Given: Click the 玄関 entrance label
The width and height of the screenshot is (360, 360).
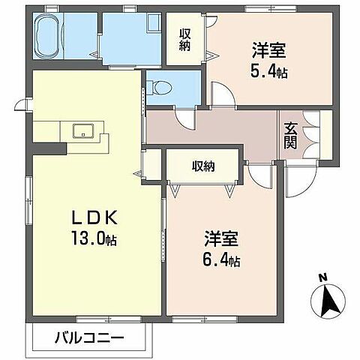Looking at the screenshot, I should (x=290, y=135).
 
